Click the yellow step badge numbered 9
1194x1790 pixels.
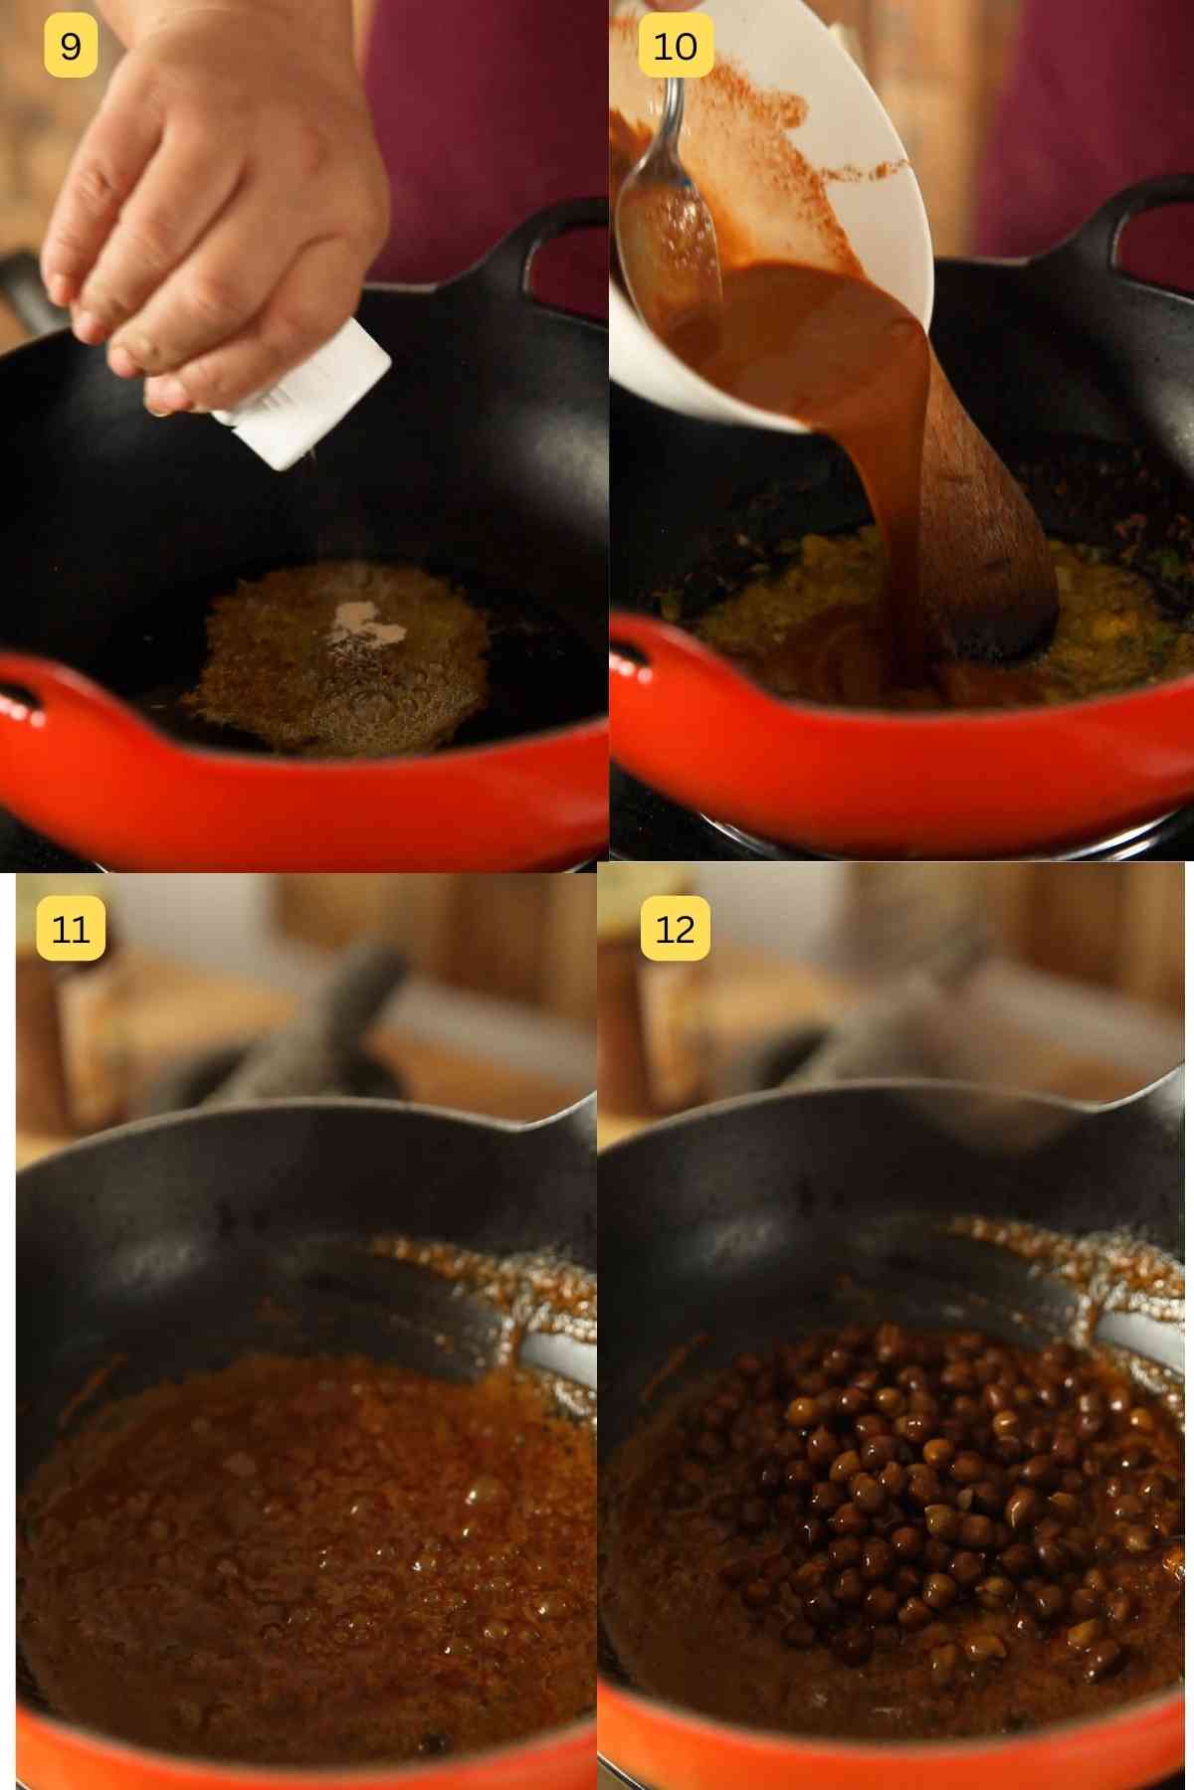coord(71,46)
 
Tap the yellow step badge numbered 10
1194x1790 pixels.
coord(675,46)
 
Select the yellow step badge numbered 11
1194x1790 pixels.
coord(71,929)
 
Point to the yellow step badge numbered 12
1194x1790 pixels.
coord(675,929)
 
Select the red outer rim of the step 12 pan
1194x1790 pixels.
coord(895,1750)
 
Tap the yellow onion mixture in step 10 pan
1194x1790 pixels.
coord(786,587)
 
